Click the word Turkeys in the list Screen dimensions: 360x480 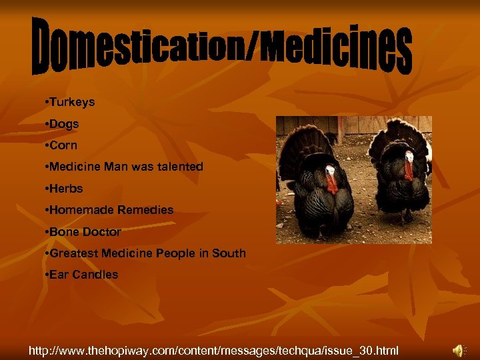click(x=72, y=103)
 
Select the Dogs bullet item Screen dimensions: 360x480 click(x=64, y=124)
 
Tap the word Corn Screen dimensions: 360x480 click(x=63, y=145)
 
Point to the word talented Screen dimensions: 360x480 click(x=179, y=167)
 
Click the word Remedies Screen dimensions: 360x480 click(x=145, y=210)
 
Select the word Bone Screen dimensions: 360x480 click(x=64, y=232)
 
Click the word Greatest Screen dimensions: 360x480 click(x=75, y=253)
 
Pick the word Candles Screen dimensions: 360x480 click(x=95, y=275)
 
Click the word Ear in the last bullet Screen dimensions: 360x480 click(x=59, y=275)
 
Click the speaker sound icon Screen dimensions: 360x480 click(x=459, y=349)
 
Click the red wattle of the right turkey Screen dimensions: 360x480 click(x=408, y=168)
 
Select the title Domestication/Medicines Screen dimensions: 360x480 click(x=222, y=47)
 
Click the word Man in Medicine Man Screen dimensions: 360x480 click(x=116, y=167)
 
